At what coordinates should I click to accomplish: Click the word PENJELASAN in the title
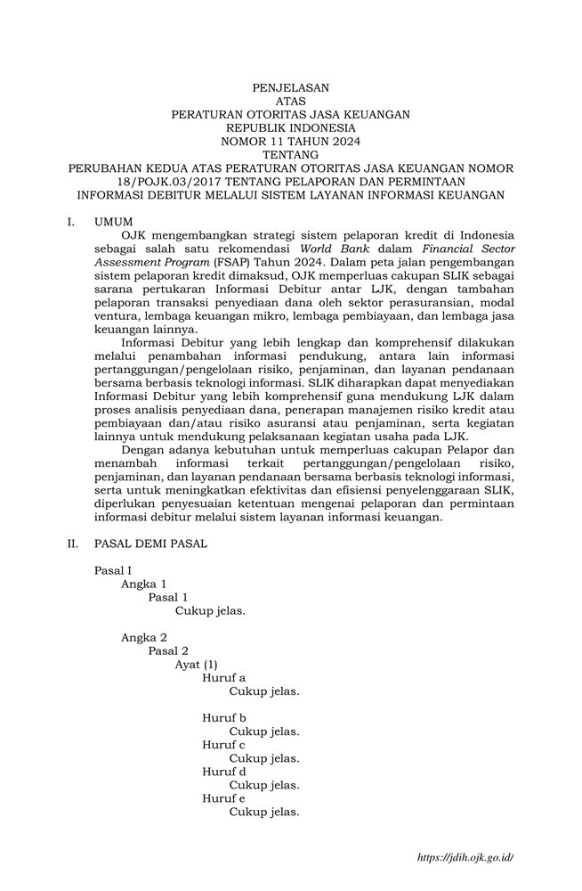[290, 87]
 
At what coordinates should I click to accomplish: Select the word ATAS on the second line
[290, 101]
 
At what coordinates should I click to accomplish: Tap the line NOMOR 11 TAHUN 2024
[290, 141]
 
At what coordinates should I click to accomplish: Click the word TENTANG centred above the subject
[290, 154]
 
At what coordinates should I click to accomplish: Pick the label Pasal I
[113, 570]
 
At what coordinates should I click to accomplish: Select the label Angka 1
[143, 584]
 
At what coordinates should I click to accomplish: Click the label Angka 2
[143, 637]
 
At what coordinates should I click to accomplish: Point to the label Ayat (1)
[196, 664]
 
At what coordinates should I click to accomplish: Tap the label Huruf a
[223, 677]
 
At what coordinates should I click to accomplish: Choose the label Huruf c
[223, 744]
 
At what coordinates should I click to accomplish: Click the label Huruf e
[223, 798]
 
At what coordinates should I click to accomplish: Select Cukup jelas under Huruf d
[263, 785]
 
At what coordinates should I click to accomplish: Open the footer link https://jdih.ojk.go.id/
[465, 857]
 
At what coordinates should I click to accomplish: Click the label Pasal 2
[168, 650]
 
